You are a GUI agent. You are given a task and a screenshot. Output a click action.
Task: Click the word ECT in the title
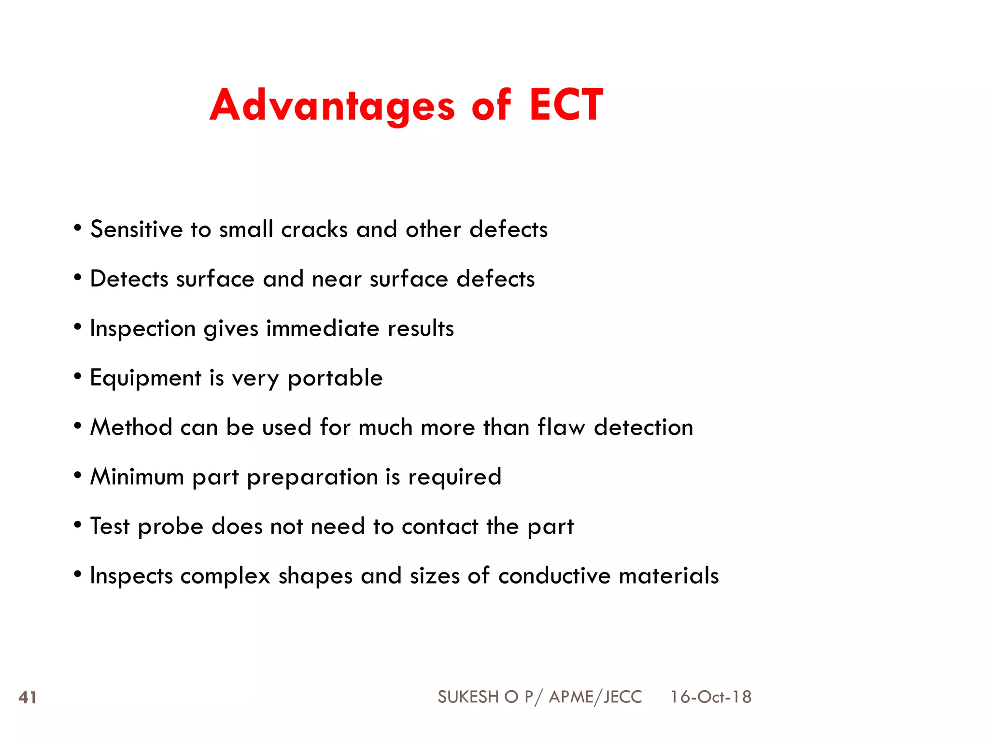click(566, 105)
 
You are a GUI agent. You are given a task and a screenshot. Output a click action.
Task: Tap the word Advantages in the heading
click(332, 106)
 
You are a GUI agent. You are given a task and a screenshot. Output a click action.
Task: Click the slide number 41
click(28, 698)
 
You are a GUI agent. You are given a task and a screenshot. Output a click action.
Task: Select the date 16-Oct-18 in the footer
click(710, 697)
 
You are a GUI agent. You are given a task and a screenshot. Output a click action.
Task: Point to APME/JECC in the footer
click(595, 697)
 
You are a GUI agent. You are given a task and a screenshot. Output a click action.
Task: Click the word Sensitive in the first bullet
click(137, 229)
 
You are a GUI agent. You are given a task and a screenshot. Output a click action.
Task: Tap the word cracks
click(314, 229)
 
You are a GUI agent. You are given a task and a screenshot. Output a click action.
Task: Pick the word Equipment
click(145, 378)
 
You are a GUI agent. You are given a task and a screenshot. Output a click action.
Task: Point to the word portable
click(335, 378)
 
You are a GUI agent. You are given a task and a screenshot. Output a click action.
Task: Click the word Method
click(131, 428)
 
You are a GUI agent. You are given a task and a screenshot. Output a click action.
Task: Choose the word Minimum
click(137, 477)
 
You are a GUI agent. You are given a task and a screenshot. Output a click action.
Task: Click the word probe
click(170, 527)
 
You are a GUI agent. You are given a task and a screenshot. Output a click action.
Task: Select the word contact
click(440, 527)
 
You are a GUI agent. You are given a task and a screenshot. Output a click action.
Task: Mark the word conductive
click(554, 576)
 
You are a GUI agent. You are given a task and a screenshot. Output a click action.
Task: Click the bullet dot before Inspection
click(78, 327)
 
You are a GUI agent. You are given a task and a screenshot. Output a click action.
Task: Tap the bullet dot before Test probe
click(78, 525)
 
